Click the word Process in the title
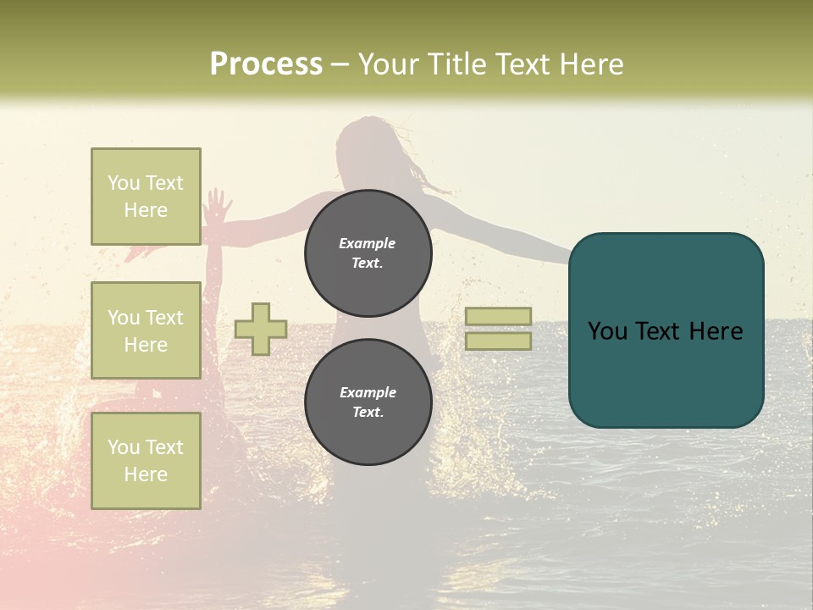(266, 64)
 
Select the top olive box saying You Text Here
(146, 197)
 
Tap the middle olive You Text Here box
(146, 331)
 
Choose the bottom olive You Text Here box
(146, 461)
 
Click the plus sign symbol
(261, 329)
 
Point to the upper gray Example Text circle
(368, 253)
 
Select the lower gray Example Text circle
(368, 402)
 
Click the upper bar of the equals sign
(499, 316)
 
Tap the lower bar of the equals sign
(499, 341)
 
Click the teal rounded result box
(666, 330)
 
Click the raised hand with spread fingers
(217, 205)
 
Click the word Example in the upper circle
(368, 243)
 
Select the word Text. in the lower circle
(368, 413)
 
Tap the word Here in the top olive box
(146, 210)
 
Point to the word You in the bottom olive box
(124, 447)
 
